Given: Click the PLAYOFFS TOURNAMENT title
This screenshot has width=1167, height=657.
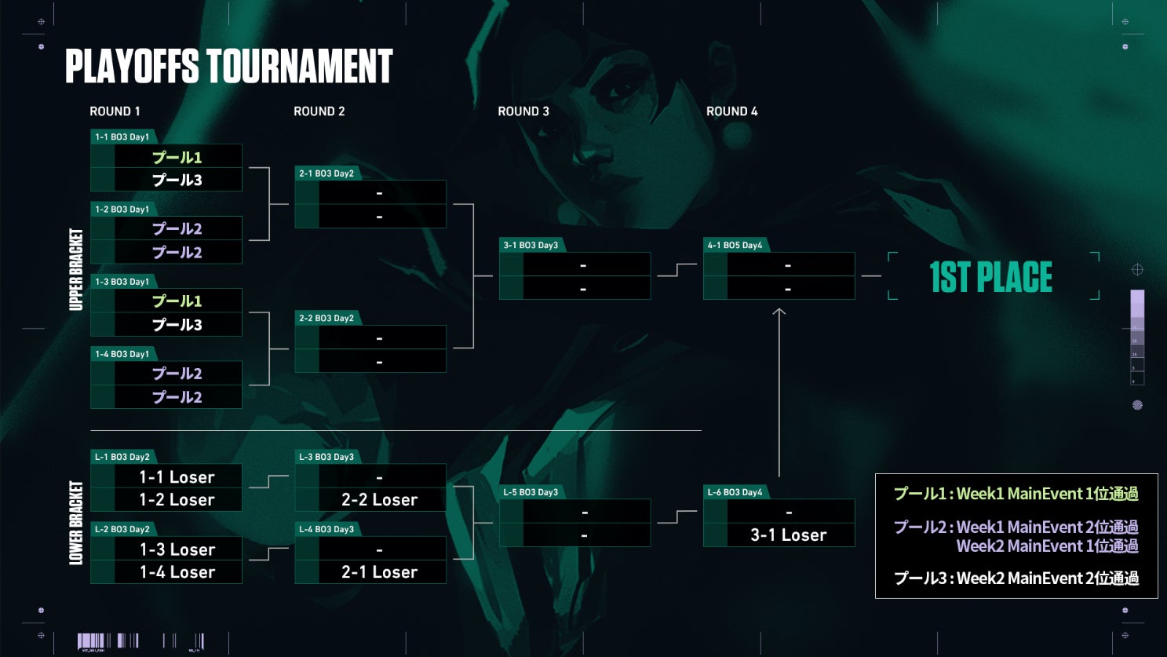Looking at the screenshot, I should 228,67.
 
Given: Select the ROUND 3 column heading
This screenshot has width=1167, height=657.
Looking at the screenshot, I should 523,111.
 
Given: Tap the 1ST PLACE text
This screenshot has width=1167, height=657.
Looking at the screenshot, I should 990,277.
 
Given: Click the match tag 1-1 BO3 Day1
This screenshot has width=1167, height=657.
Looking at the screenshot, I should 122,137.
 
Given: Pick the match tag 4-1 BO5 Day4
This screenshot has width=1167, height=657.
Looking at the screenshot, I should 735,245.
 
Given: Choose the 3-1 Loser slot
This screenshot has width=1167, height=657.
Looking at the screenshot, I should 789,535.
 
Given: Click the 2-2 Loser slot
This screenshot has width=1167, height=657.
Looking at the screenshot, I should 380,500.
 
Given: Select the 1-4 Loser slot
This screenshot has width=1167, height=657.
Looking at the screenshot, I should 177,572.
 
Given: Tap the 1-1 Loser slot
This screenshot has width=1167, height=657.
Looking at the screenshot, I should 177,476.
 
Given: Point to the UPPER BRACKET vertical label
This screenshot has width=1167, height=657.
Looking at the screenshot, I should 76,269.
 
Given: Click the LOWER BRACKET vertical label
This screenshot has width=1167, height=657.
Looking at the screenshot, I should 76,523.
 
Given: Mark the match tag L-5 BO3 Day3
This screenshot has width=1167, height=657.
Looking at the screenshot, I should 531,492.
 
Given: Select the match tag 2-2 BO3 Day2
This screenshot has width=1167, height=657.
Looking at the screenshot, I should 326,318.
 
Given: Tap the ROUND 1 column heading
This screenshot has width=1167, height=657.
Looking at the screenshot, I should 115,111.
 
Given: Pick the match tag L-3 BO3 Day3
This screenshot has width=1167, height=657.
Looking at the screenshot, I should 326,457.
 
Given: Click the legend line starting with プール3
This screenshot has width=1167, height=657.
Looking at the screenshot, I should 1016,579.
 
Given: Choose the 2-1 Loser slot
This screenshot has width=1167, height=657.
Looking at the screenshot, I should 380,572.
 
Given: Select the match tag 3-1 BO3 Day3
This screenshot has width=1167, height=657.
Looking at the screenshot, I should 531,245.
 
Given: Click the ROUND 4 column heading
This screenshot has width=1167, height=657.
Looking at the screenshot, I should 732,111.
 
